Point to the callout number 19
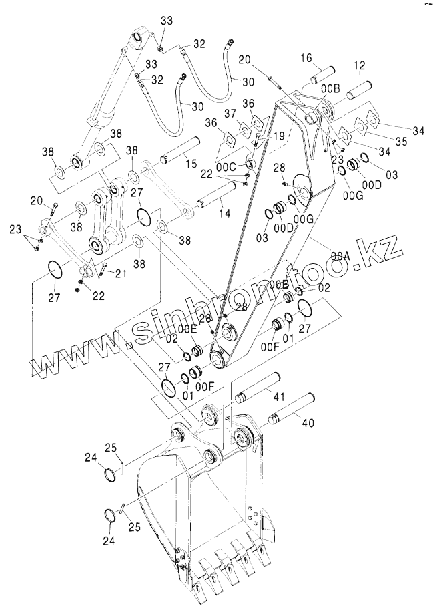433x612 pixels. pos(279,135)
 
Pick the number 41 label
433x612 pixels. pos(278,397)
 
